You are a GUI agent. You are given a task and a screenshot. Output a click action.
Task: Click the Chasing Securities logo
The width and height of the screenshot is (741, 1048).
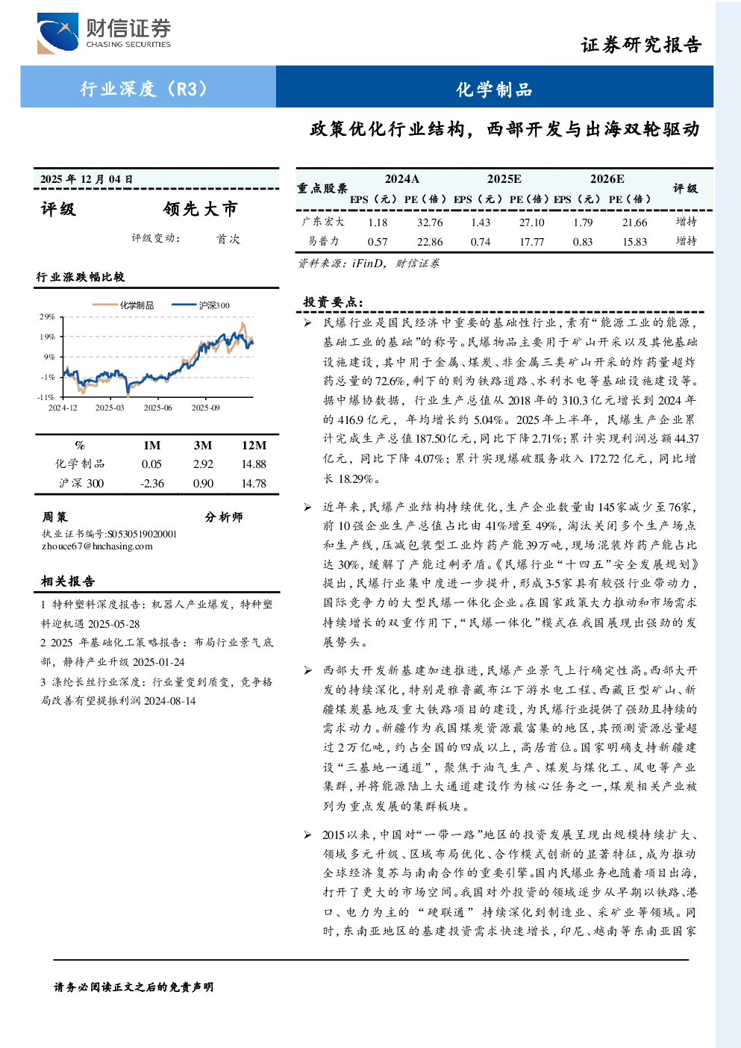(x=104, y=34)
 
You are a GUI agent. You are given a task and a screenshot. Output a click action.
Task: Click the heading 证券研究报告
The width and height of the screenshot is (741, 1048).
(x=641, y=45)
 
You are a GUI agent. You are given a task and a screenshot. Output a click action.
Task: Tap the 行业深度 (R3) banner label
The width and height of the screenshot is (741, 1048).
(x=143, y=88)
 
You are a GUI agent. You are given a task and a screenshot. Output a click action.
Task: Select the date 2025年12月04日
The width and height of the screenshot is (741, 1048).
(x=87, y=179)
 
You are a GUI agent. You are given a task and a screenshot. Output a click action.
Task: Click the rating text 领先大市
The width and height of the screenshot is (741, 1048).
(x=200, y=209)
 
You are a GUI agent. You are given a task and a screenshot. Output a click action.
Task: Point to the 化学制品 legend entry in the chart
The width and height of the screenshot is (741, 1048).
(x=123, y=305)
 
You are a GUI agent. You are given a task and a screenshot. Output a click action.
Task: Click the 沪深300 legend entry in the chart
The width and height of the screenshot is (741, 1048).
(x=201, y=305)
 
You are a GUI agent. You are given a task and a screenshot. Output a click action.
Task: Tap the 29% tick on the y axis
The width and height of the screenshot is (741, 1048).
(x=47, y=316)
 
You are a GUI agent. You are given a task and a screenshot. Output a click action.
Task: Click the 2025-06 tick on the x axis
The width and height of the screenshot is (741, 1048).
(x=157, y=408)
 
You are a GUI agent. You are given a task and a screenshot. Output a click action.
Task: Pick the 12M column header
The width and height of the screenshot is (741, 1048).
(x=254, y=446)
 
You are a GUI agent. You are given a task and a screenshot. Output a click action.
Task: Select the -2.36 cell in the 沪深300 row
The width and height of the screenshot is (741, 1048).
(x=152, y=484)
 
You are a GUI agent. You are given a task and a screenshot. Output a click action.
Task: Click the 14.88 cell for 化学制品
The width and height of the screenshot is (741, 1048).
(x=254, y=464)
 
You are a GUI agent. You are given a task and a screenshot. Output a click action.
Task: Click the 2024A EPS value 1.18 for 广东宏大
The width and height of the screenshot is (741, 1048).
(x=378, y=222)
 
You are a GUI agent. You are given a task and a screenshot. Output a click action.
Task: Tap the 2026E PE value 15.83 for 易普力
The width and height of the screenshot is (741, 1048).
(x=635, y=242)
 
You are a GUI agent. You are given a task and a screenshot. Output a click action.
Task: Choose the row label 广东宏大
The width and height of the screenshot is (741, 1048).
(x=323, y=222)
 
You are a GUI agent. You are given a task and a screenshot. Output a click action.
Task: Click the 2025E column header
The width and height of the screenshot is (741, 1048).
(x=504, y=179)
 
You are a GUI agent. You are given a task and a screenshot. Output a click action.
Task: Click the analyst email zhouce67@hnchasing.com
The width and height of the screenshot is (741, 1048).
(x=97, y=546)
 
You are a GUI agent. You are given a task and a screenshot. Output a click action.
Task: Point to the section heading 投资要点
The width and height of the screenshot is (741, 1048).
(x=333, y=302)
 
